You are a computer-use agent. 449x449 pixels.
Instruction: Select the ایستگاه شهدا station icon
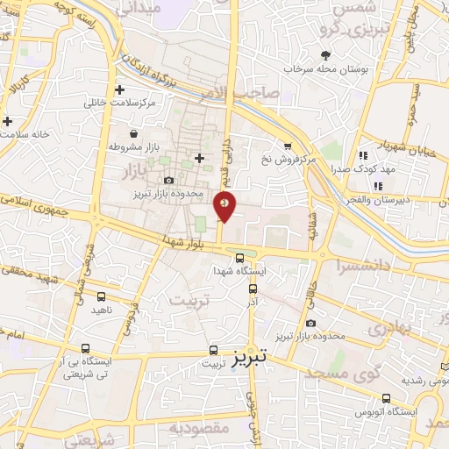pyautogui.click(x=240, y=257)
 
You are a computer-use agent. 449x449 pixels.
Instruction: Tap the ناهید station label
pyautogui.click(x=101, y=310)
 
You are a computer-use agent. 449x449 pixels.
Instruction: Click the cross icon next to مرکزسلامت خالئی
pyautogui.click(x=120, y=89)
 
